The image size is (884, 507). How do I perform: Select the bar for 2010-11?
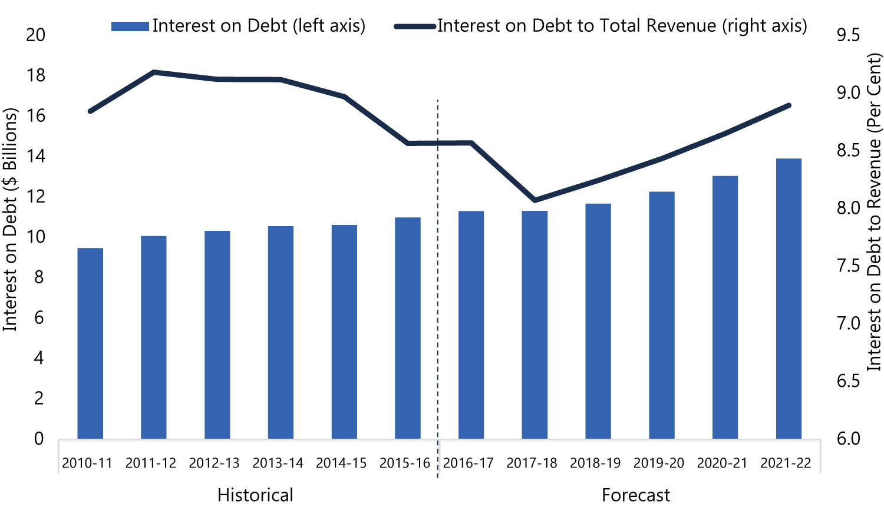click(90, 343)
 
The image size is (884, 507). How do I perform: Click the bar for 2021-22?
click(789, 299)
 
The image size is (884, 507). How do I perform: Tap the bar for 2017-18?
click(535, 325)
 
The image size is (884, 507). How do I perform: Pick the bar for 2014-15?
click(344, 332)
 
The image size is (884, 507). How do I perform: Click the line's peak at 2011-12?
click(153, 72)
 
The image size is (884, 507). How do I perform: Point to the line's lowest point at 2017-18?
click(535, 200)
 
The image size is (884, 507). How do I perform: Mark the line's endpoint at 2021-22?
click(789, 105)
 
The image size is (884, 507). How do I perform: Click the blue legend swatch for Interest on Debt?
click(130, 26)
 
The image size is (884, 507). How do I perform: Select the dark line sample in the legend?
click(415, 26)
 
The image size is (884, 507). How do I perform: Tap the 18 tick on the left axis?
click(35, 75)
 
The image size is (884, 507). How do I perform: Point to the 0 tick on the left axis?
click(39, 439)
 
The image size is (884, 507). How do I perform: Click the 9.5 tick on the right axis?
click(848, 35)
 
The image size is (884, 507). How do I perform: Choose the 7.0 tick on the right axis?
click(848, 323)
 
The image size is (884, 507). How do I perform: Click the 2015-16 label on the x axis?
click(404, 463)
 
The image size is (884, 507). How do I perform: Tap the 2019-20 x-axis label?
click(659, 463)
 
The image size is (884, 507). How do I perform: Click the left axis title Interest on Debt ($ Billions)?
click(10, 219)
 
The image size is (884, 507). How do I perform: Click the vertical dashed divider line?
click(438, 289)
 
